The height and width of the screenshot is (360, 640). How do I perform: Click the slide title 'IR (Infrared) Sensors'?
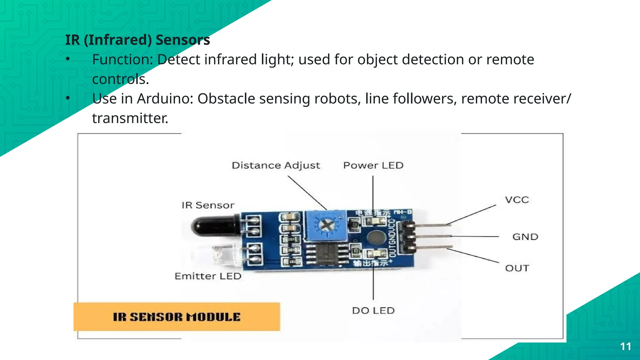click(x=137, y=40)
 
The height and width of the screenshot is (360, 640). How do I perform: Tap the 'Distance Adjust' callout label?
click(x=276, y=165)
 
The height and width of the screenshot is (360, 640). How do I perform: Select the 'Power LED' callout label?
click(x=373, y=165)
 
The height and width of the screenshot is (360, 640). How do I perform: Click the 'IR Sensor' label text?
click(x=208, y=205)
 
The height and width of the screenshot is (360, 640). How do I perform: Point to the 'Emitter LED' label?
click(x=208, y=276)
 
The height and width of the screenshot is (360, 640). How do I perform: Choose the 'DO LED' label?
click(x=373, y=311)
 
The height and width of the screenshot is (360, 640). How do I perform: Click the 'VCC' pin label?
click(x=517, y=200)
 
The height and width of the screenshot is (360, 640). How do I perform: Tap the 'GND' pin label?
click(x=525, y=237)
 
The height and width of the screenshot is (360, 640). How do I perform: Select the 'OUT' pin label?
click(x=517, y=268)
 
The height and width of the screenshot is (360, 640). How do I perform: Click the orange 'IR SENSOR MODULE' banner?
click(x=177, y=317)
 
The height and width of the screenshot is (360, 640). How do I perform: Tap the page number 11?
click(x=626, y=347)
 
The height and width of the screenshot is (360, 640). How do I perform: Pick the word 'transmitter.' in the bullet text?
click(x=130, y=118)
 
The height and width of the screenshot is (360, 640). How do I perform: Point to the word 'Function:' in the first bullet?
click(x=122, y=60)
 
